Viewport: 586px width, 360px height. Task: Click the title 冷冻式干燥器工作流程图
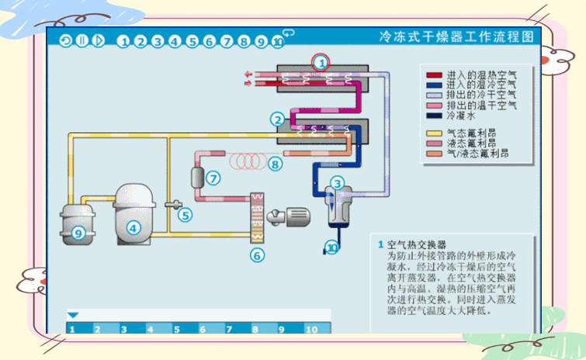(x=456, y=36)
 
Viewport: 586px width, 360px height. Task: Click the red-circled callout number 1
(x=321, y=61)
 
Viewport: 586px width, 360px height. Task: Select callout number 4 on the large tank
(x=133, y=228)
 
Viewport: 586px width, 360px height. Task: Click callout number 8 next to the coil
(x=275, y=164)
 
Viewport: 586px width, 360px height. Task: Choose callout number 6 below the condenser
(x=258, y=254)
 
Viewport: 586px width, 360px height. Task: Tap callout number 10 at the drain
(x=332, y=248)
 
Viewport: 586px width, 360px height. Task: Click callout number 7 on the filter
(x=213, y=178)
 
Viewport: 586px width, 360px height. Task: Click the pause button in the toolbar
(x=82, y=41)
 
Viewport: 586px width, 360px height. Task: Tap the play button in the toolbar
(x=98, y=41)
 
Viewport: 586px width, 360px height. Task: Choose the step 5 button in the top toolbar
(x=192, y=41)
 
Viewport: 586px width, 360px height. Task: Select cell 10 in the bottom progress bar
(x=311, y=329)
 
